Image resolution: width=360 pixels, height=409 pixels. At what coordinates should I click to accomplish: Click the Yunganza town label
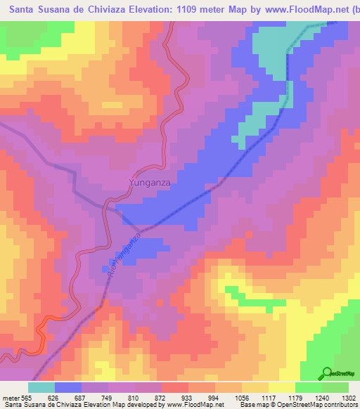click(x=150, y=183)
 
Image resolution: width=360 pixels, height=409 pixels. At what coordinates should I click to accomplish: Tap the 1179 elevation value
click(x=285, y=398)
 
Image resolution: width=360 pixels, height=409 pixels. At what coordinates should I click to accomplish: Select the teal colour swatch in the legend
click(x=41, y=387)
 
